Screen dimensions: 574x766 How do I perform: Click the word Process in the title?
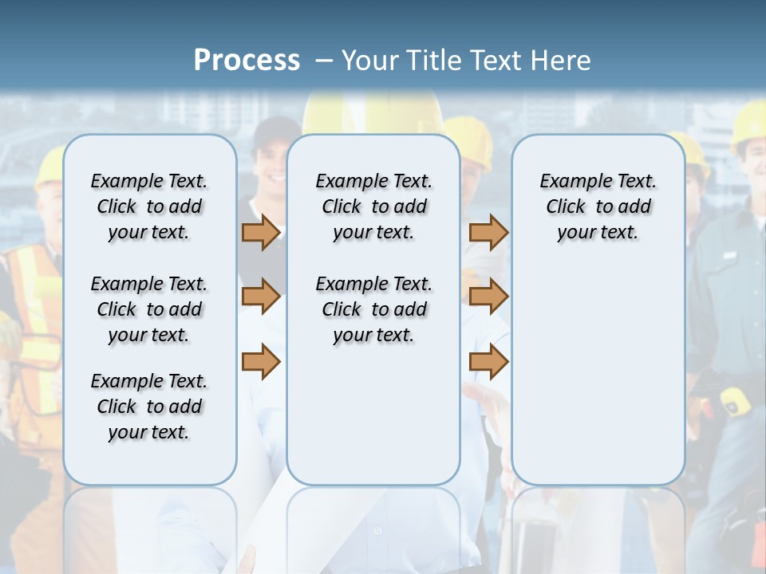[x=247, y=60]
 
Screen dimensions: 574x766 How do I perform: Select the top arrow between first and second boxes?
[x=261, y=232]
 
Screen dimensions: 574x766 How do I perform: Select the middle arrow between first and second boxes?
[x=261, y=297]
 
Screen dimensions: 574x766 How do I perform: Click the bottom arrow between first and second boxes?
[x=261, y=361]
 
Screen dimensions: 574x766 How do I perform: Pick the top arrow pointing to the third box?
[x=488, y=232]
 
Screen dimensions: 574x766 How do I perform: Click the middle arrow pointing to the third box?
[x=488, y=297]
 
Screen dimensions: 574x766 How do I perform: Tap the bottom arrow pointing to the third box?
[x=488, y=361]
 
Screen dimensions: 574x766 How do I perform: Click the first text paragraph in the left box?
[x=149, y=206]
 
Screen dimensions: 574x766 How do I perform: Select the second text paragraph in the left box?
[x=149, y=309]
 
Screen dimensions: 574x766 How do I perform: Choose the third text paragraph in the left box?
[x=149, y=407]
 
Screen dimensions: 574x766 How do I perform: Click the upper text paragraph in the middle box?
[x=373, y=206]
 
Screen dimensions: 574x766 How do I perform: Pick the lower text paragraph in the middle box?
[x=373, y=309]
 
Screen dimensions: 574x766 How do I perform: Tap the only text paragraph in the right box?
[x=598, y=206]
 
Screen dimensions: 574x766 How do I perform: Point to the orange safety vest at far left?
[x=32, y=319]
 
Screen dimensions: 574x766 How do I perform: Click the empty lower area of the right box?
[x=598, y=375]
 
